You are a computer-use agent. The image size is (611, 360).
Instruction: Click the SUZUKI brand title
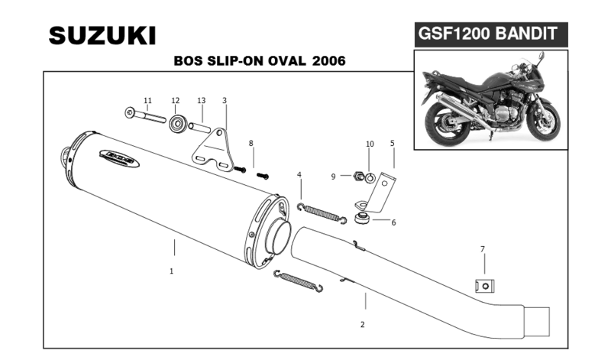pyautogui.click(x=102, y=35)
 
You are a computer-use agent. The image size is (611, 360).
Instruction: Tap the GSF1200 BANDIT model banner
pyautogui.click(x=489, y=34)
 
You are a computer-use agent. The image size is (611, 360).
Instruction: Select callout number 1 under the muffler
pyautogui.click(x=172, y=271)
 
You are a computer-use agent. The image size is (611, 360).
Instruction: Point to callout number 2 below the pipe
pyautogui.click(x=362, y=324)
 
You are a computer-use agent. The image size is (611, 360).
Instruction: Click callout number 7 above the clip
pyautogui.click(x=482, y=249)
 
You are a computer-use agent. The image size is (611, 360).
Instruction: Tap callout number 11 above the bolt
pyautogui.click(x=148, y=101)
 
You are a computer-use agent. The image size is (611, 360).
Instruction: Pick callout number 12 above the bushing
pyautogui.click(x=175, y=101)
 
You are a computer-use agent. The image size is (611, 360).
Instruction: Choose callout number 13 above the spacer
pyautogui.click(x=202, y=101)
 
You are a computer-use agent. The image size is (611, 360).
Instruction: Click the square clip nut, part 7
pyautogui.click(x=481, y=286)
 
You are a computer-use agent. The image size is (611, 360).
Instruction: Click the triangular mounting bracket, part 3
pyautogui.click(x=213, y=149)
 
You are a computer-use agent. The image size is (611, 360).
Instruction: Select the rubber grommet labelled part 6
pyautogui.click(x=362, y=221)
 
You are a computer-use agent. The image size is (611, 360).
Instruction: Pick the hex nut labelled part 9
pyautogui.click(x=357, y=177)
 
